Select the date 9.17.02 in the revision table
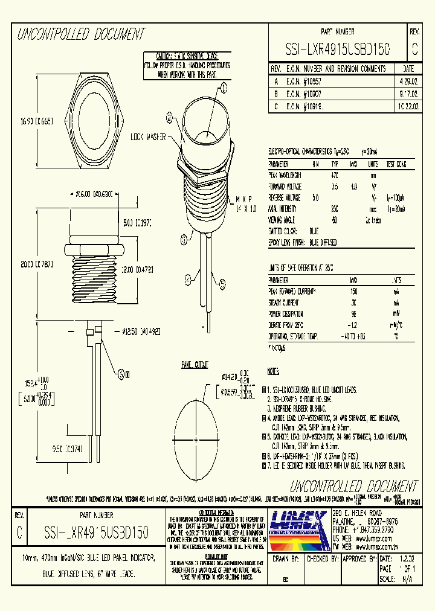click(406, 93)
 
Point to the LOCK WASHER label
click(149, 138)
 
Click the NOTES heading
click(274, 370)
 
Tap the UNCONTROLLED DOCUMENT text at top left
click(81, 34)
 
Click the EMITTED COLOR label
click(285, 231)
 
